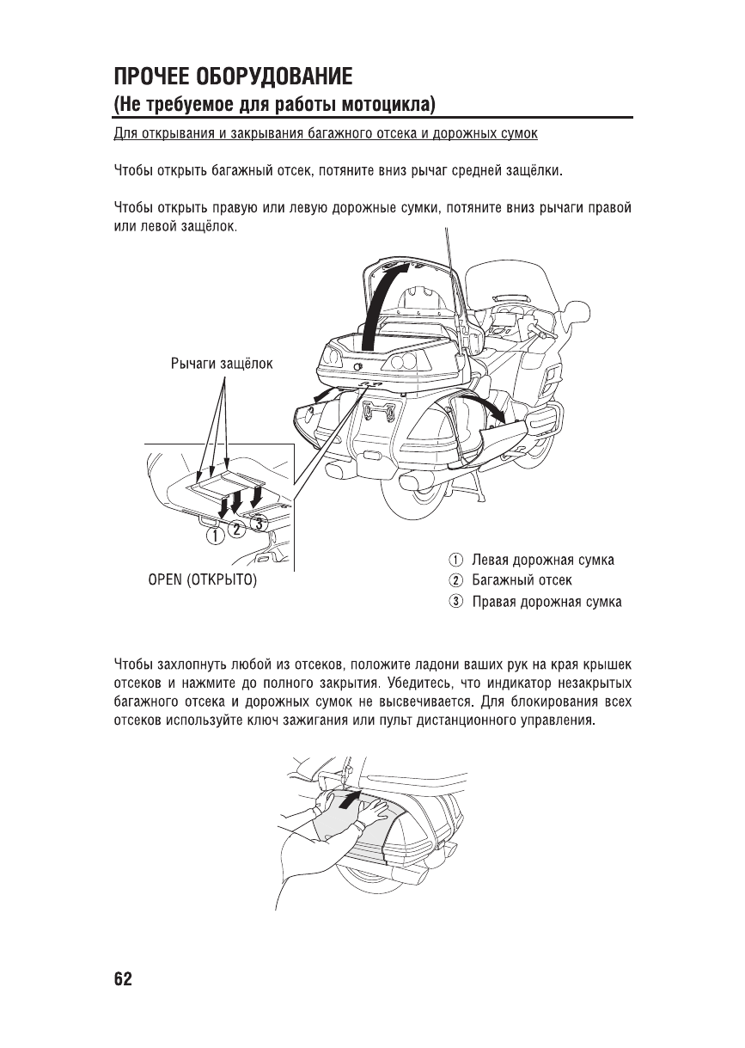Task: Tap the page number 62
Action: coord(123,979)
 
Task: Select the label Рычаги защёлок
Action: coord(222,364)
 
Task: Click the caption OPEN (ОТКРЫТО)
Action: coord(203,580)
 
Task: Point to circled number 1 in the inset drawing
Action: coord(214,536)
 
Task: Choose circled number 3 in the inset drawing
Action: coord(260,521)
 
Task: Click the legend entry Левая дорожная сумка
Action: coord(542,561)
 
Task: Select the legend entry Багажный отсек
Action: coord(522,580)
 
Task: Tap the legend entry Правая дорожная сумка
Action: coord(547,601)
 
